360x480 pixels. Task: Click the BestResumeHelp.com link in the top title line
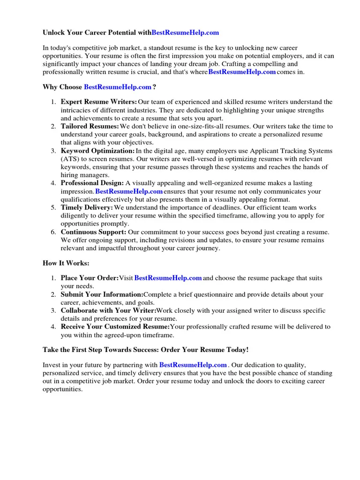pos(185,33)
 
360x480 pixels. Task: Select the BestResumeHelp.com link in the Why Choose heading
pos(118,87)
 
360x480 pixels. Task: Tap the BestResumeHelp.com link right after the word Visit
pos(168,278)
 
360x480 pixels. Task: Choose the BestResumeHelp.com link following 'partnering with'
pos(193,365)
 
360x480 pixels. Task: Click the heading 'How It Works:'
pos(66,263)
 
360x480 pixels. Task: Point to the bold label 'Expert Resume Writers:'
pos(99,102)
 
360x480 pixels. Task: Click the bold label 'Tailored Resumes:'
pos(90,127)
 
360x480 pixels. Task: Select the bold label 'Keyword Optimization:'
pos(97,151)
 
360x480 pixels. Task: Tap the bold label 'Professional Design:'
pos(92,183)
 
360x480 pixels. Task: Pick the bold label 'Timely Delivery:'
pos(87,208)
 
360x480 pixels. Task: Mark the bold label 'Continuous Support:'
pos(93,232)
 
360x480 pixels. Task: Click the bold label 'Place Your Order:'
pos(90,278)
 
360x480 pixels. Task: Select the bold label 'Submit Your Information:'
pos(102,294)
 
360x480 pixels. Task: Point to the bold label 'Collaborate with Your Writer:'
pos(108,311)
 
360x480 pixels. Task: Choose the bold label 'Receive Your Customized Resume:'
pos(115,327)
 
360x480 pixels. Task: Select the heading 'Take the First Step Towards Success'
pos(145,350)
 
